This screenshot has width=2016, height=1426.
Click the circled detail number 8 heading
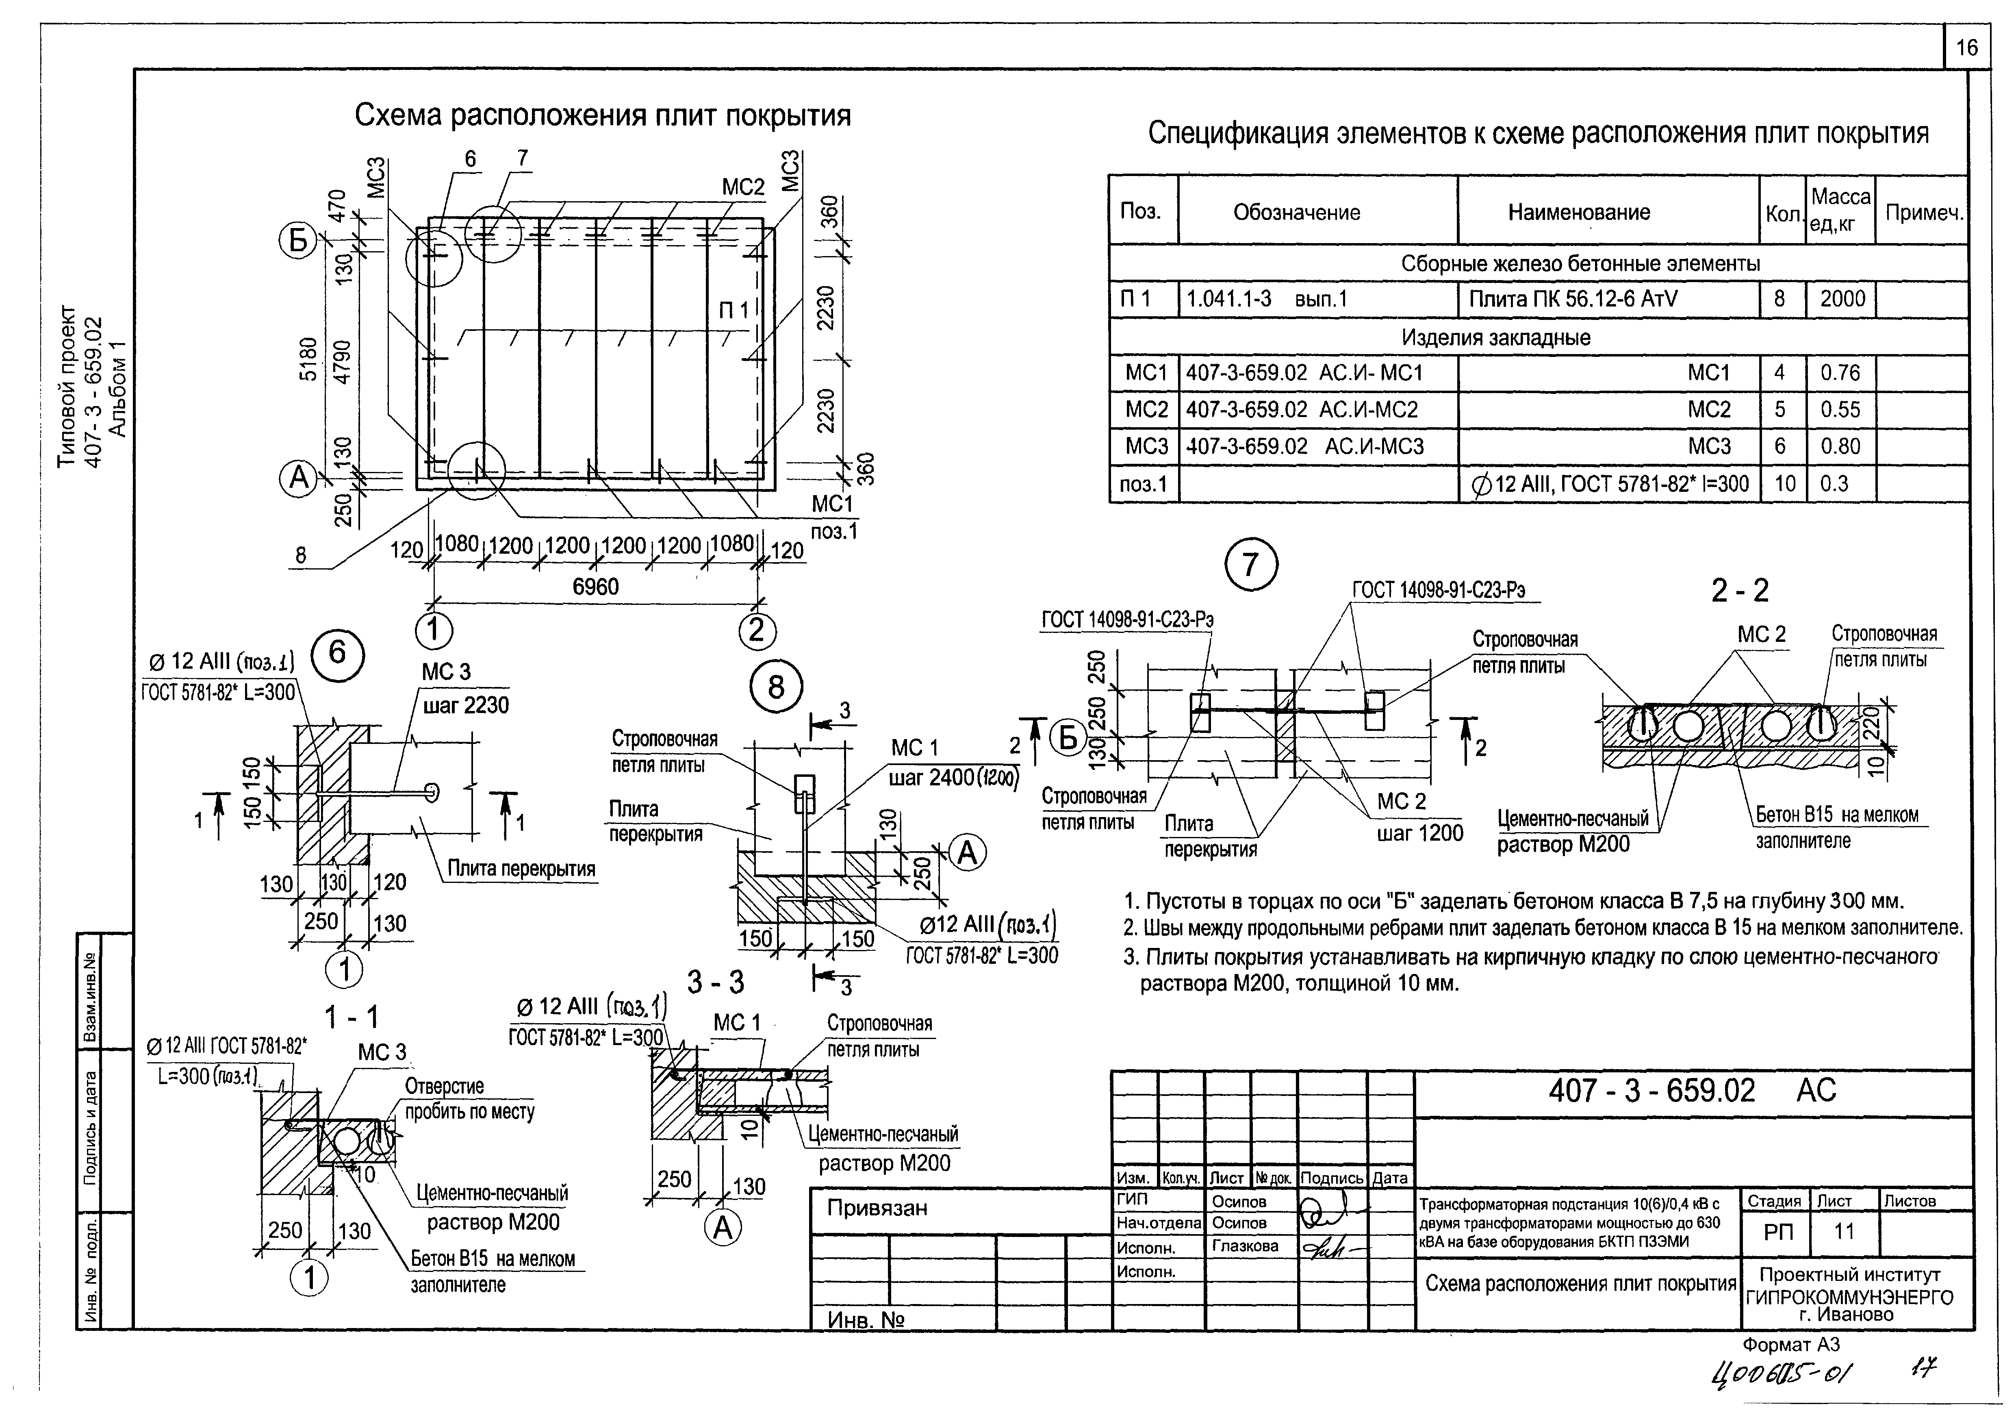[x=776, y=687]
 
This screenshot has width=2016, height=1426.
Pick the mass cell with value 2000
[x=1842, y=300]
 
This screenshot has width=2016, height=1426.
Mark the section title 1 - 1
[x=351, y=1018]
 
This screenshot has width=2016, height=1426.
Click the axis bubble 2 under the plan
[x=757, y=630]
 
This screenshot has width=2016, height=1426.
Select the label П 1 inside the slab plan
[x=734, y=310]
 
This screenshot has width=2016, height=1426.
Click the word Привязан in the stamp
[x=876, y=1208]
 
